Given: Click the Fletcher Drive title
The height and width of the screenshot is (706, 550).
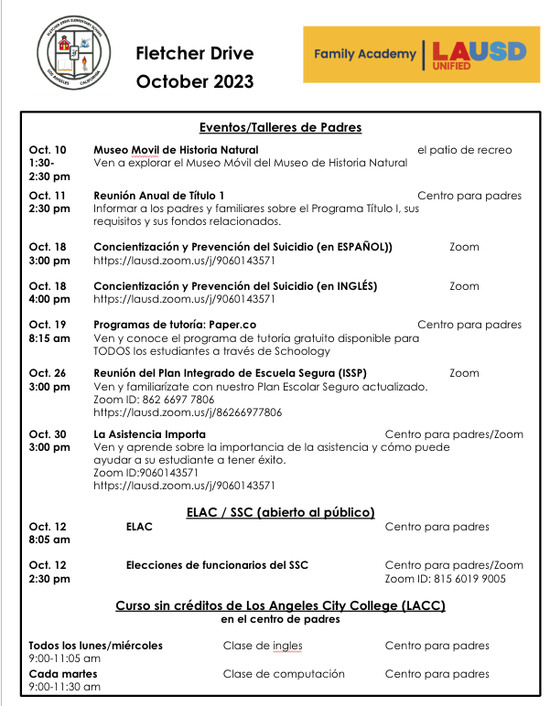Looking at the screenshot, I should [x=194, y=54].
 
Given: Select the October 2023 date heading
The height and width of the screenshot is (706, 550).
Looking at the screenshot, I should [x=195, y=82].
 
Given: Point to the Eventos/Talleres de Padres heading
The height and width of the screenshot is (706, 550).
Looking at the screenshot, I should [x=280, y=127].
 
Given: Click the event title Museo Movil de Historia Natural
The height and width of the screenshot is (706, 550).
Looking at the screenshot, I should [x=176, y=149].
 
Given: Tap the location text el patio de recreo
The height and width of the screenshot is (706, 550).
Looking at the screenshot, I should [x=464, y=149].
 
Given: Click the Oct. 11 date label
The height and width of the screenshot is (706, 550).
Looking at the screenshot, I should [x=48, y=195].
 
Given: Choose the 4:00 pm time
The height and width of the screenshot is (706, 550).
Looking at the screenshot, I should [x=49, y=299].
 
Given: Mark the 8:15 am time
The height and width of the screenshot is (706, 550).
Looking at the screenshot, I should [x=49, y=337].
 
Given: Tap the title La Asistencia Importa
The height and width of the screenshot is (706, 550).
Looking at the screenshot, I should [x=149, y=433].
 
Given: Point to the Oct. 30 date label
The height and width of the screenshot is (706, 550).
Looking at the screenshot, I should [x=48, y=433].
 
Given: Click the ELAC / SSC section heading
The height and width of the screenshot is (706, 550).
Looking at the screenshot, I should [x=280, y=512].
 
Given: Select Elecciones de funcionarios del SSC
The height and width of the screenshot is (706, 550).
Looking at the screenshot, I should [x=217, y=565].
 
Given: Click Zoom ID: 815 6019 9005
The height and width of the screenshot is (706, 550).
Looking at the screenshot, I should [x=445, y=579].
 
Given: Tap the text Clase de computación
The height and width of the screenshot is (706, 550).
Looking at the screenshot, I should [x=284, y=674].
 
